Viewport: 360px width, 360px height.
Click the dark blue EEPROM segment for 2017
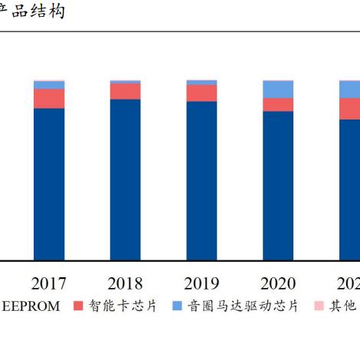pos(49,184)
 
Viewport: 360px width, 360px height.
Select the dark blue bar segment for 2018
pos(125,180)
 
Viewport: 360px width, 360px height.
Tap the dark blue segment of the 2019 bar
pos(201,181)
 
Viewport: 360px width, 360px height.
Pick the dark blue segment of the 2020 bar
pos(278,185)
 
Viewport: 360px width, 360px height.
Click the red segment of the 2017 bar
pos(49,98)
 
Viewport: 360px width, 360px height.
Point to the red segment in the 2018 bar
pos(125,91)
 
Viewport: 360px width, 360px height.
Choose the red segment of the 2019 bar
pos(201,93)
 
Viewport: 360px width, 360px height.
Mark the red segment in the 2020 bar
pos(278,105)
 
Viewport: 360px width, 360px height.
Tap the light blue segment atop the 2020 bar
pos(278,89)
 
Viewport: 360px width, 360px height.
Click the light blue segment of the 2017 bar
pos(49,84)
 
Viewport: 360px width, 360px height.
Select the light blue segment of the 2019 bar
pos(201,82)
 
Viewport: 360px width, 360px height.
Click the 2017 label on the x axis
pos(49,283)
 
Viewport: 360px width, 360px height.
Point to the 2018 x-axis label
pos(125,283)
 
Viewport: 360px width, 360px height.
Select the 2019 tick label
pos(201,283)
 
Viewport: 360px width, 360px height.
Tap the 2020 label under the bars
pos(278,283)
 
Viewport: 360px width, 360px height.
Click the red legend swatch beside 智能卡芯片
pos(77,306)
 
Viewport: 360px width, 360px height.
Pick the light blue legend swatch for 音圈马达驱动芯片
pos(175,306)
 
